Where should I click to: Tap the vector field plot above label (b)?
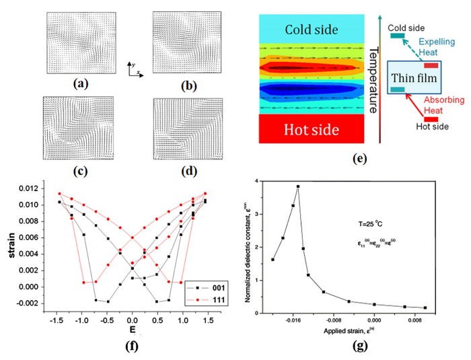point(180,42)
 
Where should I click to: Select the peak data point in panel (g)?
point(297,186)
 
